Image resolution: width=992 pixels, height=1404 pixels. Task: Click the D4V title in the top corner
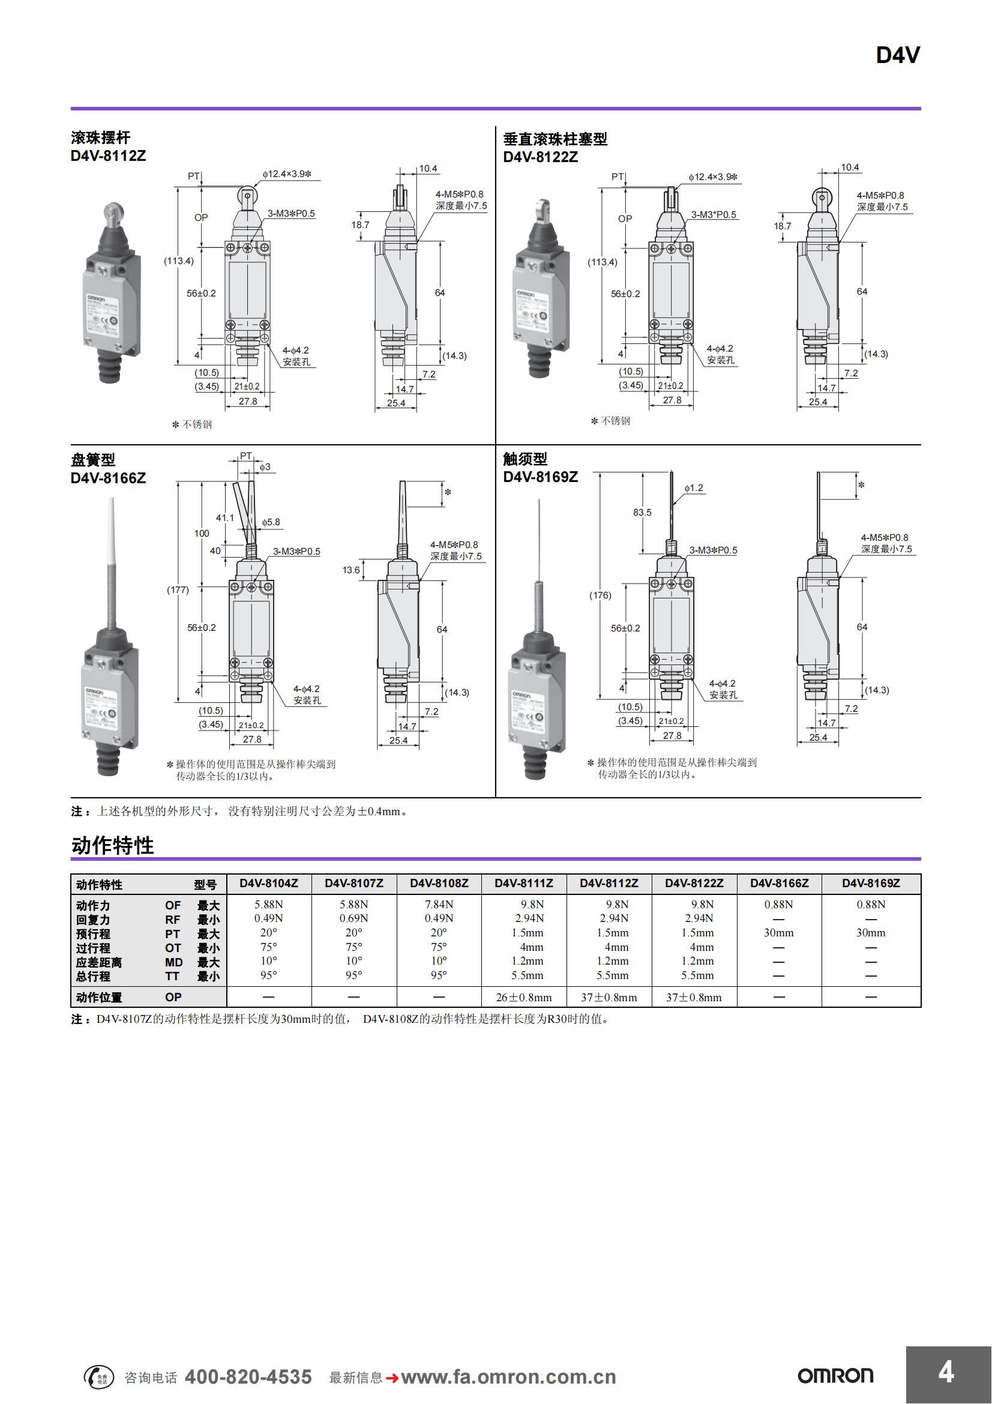pos(897,56)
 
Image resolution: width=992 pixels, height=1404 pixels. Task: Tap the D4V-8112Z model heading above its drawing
pos(108,156)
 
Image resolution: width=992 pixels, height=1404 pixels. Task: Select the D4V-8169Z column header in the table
pos(870,884)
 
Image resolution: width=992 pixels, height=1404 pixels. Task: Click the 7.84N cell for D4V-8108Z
pos(439,905)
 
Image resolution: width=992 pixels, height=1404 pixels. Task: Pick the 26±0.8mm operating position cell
pos(524,998)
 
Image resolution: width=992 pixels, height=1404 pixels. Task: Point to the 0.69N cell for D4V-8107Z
pos(354,918)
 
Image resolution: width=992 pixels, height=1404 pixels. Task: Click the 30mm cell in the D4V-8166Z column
pos(779,933)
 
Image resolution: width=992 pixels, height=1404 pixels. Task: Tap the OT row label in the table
pos(173,948)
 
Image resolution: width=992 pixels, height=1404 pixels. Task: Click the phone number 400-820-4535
pos(248,1376)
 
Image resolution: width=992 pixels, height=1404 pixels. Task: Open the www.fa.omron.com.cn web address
pos(508,1377)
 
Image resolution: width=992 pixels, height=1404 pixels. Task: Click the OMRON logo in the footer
pos(835,1376)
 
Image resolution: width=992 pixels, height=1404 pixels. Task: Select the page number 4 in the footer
pos(946,1372)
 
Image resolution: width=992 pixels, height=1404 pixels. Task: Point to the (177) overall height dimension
pos(178,590)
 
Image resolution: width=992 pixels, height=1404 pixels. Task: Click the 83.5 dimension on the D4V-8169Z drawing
pos(642,513)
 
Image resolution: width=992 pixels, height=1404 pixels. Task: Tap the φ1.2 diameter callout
pos(694,488)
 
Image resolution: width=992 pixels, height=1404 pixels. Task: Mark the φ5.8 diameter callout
pos(271,522)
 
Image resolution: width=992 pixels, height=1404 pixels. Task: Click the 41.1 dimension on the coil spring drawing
pos(224,518)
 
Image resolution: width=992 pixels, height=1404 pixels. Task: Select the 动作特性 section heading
pos(112,846)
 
